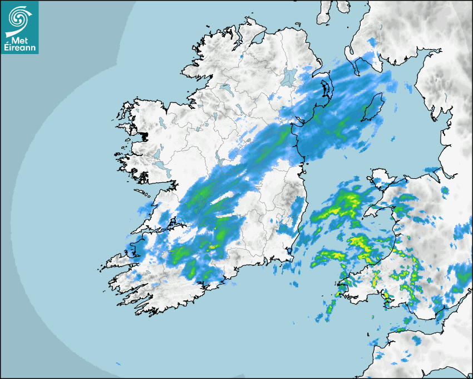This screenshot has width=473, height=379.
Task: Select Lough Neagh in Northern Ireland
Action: coord(288,77)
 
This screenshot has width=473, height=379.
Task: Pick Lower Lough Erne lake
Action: coord(225,88)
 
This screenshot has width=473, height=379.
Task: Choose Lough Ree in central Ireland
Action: coord(221,162)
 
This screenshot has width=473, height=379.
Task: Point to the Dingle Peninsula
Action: coord(120,260)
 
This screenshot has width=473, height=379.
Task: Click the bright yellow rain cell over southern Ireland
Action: coord(213,246)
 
